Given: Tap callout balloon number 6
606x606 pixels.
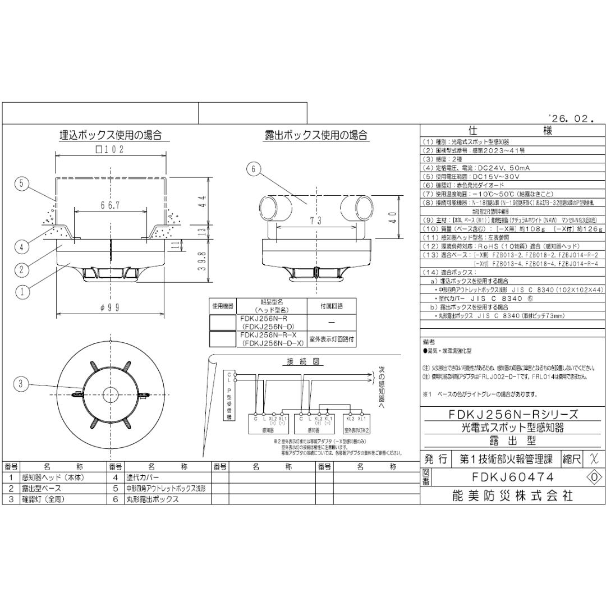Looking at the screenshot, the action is coord(254,168).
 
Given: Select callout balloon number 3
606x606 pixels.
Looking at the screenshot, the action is coord(22,384).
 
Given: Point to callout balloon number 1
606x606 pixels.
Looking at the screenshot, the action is coord(22,291).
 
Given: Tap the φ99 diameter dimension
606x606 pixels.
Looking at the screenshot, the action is coord(110,307).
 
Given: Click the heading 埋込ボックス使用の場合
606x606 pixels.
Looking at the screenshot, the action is coord(111,135).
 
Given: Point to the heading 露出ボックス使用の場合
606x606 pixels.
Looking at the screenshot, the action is coord(316,135).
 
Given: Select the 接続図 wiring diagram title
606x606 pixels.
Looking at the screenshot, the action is coord(302,362).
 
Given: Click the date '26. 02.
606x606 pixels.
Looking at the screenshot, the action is coord(571,118).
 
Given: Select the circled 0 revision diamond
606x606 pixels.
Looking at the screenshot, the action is coord(594,477).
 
